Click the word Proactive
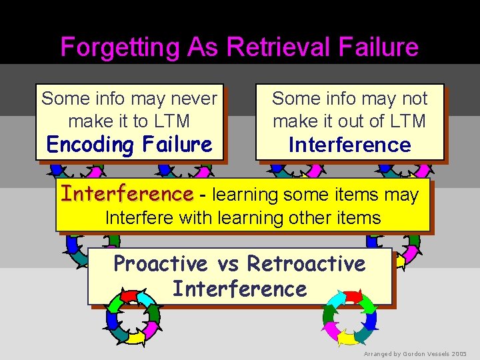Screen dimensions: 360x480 coord(160,264)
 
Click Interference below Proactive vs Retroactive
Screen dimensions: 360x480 coord(239,289)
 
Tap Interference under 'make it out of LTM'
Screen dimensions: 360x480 coord(349,145)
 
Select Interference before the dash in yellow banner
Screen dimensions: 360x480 coord(127,194)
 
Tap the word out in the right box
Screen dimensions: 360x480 coord(343,121)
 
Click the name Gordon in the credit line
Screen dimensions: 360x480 coord(413,353)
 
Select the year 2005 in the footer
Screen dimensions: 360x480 coord(459,353)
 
